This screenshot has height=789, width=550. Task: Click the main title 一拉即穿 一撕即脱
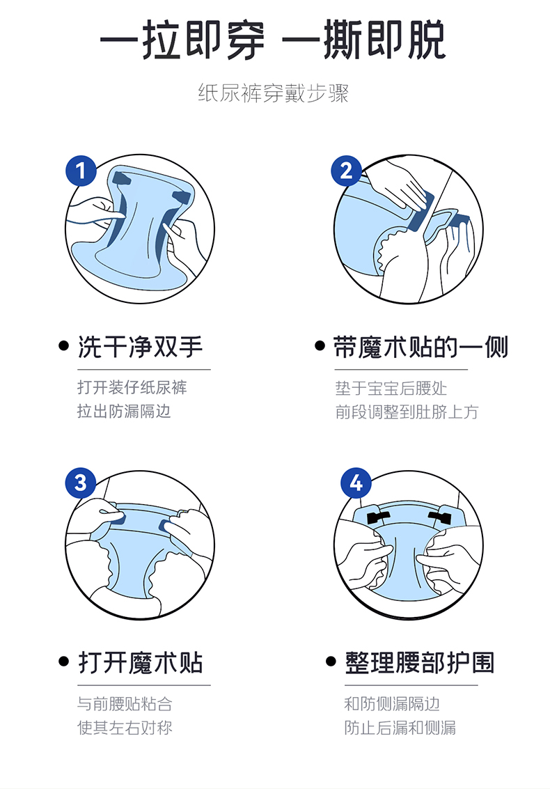272,40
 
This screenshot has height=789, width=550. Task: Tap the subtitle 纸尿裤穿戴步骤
273,93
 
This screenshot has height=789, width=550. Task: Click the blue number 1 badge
81,171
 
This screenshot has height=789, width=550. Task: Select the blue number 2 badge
346,171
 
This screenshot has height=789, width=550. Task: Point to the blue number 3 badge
81,483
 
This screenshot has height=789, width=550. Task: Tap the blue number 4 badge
356,483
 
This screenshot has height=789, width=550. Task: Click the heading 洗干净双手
141,347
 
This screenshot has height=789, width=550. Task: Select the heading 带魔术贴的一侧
421,347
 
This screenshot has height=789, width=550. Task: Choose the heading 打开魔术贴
141,663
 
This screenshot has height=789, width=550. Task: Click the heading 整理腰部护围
420,663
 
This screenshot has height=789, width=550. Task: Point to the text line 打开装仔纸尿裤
132,387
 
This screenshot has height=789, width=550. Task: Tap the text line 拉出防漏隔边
124,411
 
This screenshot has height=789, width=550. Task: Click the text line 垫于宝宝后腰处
391,388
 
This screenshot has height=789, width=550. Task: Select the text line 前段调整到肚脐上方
407,412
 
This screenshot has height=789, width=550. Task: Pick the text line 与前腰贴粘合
125,703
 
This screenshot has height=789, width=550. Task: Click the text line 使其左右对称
125,728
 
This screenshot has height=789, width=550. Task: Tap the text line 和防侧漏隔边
392,703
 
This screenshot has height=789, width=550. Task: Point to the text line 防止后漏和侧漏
400,728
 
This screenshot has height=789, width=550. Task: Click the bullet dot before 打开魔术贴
64,661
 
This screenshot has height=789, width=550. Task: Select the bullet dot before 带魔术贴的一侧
320,345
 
